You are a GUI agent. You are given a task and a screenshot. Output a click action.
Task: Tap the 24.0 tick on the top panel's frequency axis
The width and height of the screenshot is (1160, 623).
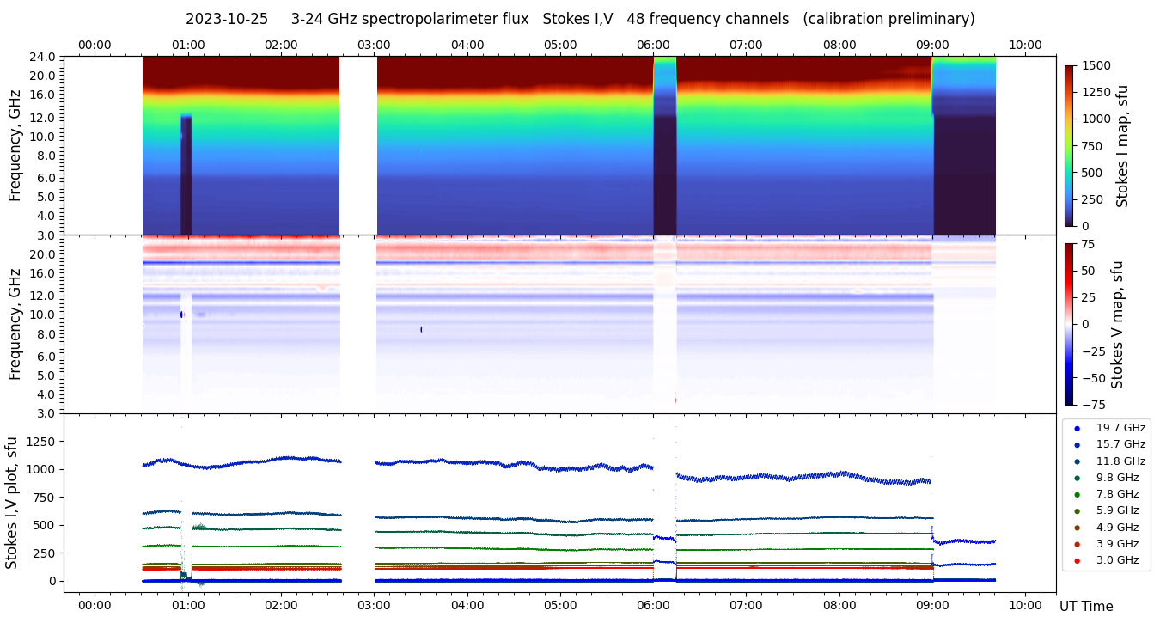tap(44, 57)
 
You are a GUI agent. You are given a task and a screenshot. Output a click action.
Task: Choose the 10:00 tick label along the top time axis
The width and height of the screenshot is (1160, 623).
tap(1025, 45)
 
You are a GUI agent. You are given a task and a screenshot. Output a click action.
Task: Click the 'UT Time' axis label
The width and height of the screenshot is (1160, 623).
tap(1086, 606)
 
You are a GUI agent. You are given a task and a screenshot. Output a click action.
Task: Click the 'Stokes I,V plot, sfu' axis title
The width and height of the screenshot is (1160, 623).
tap(12, 502)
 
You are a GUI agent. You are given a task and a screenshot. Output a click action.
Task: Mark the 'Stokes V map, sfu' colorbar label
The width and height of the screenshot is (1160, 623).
tap(1118, 324)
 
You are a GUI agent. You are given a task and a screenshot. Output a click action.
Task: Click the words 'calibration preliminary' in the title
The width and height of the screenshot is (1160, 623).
tap(888, 19)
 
